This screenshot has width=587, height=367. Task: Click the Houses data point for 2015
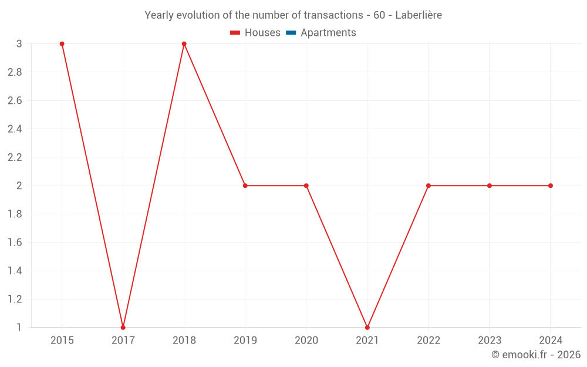[62, 44]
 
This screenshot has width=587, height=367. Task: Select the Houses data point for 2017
[123, 327]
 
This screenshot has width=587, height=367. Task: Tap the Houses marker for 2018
[184, 44]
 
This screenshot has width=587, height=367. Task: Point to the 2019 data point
[245, 186]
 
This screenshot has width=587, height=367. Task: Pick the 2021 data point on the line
[367, 327]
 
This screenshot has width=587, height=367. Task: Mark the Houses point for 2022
[429, 186]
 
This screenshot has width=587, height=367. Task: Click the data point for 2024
[551, 186]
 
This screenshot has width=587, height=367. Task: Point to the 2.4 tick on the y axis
[15, 129]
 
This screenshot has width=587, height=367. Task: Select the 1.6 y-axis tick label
[15, 243]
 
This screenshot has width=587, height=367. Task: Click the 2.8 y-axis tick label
[15, 72]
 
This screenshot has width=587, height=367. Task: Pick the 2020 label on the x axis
[306, 341]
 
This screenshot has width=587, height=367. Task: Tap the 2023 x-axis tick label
[490, 341]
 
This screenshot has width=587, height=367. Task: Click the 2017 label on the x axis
[123, 341]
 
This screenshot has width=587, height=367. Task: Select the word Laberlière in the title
[419, 15]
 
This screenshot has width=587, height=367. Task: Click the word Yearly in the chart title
[159, 15]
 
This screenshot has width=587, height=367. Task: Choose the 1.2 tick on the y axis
[15, 299]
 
